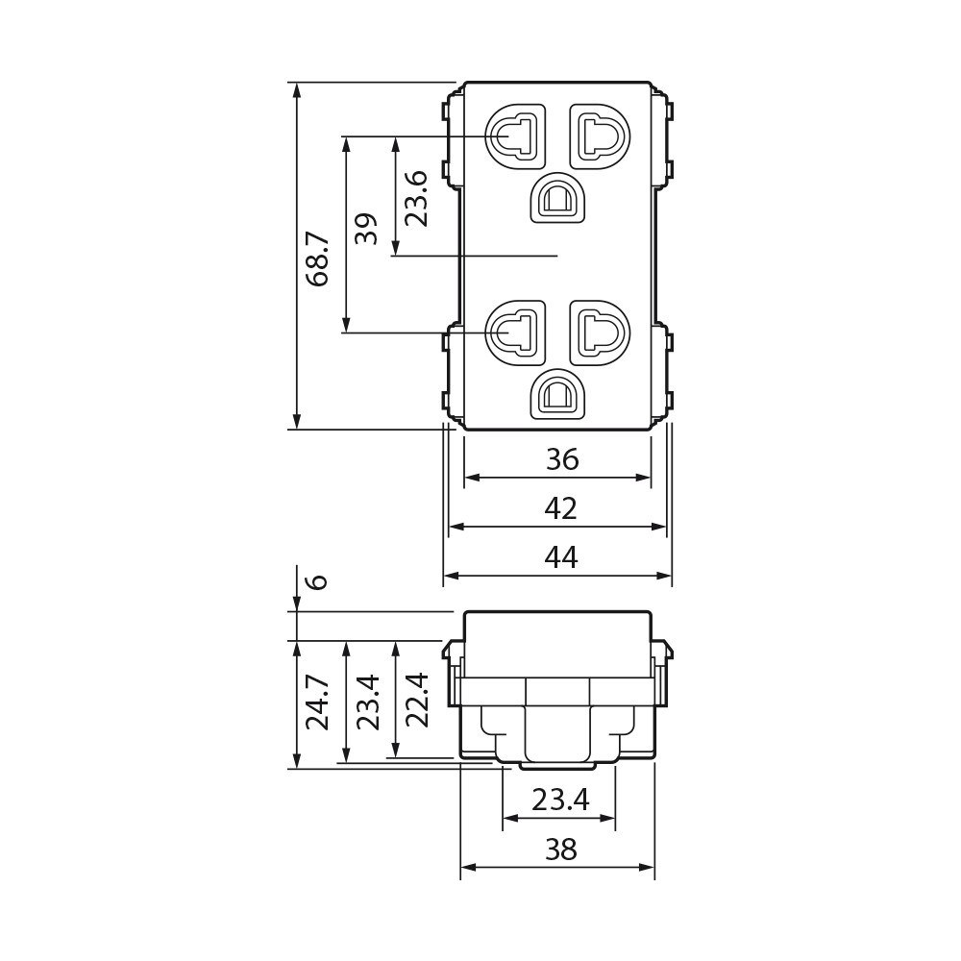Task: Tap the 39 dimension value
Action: click(x=367, y=229)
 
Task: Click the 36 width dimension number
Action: click(x=562, y=459)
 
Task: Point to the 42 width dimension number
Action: click(x=561, y=508)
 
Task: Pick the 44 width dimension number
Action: click(x=561, y=557)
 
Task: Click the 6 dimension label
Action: click(x=317, y=581)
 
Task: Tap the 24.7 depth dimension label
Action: click(x=318, y=703)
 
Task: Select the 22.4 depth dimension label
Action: click(x=416, y=700)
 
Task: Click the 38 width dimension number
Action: click(x=561, y=850)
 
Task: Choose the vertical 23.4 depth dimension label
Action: click(x=368, y=702)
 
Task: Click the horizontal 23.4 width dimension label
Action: click(x=560, y=800)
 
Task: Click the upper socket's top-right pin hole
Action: click(x=600, y=136)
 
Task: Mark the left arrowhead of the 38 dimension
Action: click(x=468, y=867)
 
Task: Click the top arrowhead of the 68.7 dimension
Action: click(x=297, y=89)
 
